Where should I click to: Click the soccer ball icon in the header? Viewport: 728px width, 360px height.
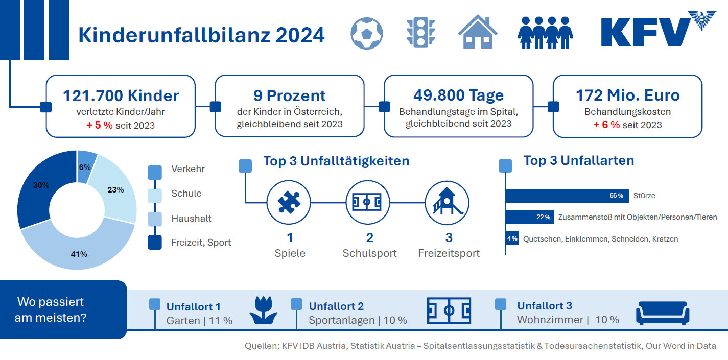point(367,34)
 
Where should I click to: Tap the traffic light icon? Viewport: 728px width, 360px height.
point(420,33)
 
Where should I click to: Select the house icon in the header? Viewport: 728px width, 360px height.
point(478,32)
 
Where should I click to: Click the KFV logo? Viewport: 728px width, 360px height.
point(658,29)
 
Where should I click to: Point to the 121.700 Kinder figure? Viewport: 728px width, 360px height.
point(121,95)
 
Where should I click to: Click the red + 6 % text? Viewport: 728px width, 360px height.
point(606,125)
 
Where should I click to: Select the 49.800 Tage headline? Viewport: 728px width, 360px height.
point(459,95)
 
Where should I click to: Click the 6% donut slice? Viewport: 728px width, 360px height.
point(85,166)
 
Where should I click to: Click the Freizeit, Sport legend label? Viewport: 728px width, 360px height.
point(201,243)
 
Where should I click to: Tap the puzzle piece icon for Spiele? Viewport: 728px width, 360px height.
point(289,202)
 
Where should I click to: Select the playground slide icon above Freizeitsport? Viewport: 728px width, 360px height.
point(447,201)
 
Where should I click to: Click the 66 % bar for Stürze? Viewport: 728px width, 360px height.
point(567,196)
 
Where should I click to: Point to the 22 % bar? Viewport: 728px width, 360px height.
point(530,217)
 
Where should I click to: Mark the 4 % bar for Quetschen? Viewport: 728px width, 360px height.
point(512,238)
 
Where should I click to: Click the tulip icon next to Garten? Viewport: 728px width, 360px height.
point(263,310)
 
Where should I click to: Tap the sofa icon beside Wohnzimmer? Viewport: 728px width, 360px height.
point(663,313)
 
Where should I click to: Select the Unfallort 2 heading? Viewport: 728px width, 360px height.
point(336,306)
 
